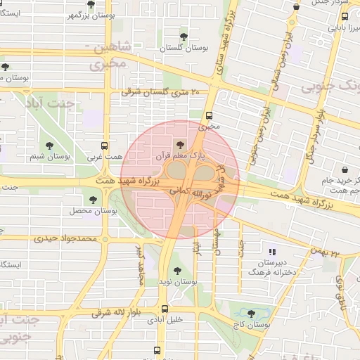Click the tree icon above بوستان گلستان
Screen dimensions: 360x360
(184, 36)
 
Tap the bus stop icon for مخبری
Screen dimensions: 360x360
(208, 116)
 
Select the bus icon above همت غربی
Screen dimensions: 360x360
(105, 145)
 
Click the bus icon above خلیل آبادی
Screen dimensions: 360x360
(165, 308)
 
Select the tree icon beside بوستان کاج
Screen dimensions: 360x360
(251, 314)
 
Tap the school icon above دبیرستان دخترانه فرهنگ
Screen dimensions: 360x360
(272, 251)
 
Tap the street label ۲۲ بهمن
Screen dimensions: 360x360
(336, 252)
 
